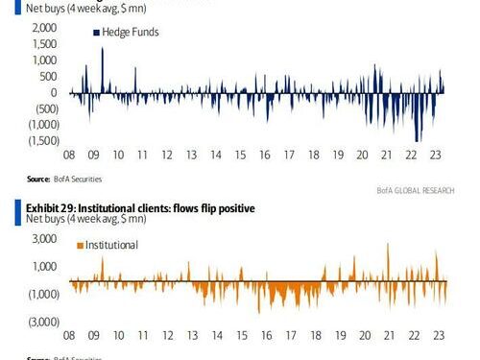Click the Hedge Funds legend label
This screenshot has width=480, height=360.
[132, 33]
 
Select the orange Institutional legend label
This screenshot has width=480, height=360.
[112, 245]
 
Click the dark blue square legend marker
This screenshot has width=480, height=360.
[96, 33]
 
